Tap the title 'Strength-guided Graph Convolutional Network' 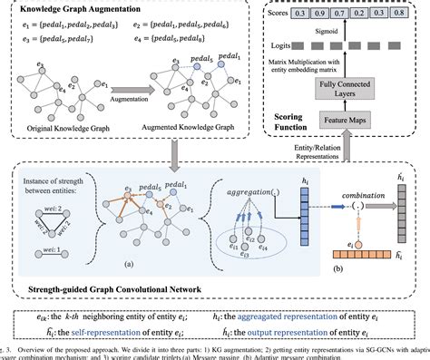126,288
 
